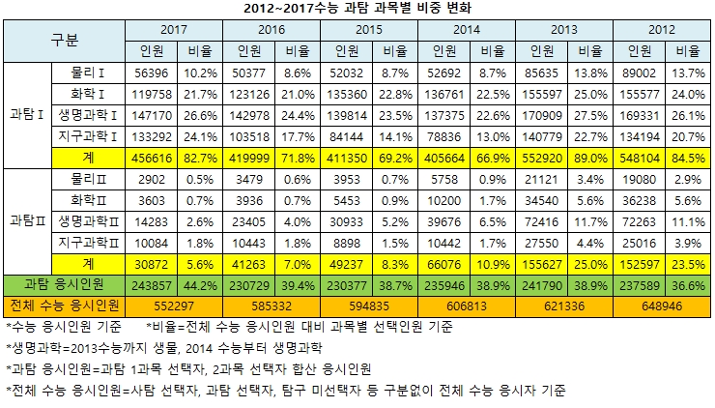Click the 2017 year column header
tap(174, 30)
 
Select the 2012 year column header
tap(661, 30)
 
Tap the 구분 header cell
tap(65, 40)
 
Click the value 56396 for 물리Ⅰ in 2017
tap(151, 73)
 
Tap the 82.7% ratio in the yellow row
tap(199, 157)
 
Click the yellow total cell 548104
tap(639, 157)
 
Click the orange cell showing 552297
tap(174, 304)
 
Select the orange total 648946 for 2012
tap(661, 304)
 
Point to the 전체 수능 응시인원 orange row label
tap(65, 304)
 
